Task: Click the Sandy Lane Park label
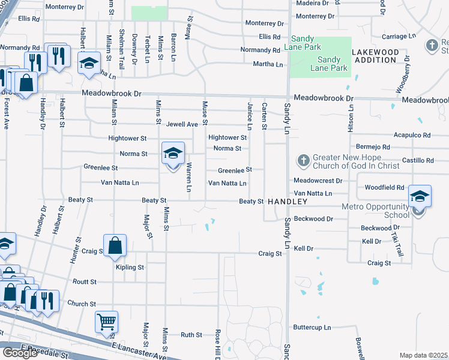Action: click(x=329, y=64)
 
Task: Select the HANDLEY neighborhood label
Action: click(x=288, y=201)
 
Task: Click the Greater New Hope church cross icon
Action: click(x=303, y=161)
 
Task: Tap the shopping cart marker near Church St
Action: click(x=106, y=322)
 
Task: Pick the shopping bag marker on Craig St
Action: click(x=115, y=245)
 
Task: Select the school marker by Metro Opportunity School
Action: click(x=420, y=196)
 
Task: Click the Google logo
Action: click(x=19, y=353)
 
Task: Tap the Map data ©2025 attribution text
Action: click(x=423, y=355)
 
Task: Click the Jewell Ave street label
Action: click(x=182, y=124)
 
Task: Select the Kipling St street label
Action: click(x=130, y=267)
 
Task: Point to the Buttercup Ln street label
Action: click(x=312, y=328)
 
